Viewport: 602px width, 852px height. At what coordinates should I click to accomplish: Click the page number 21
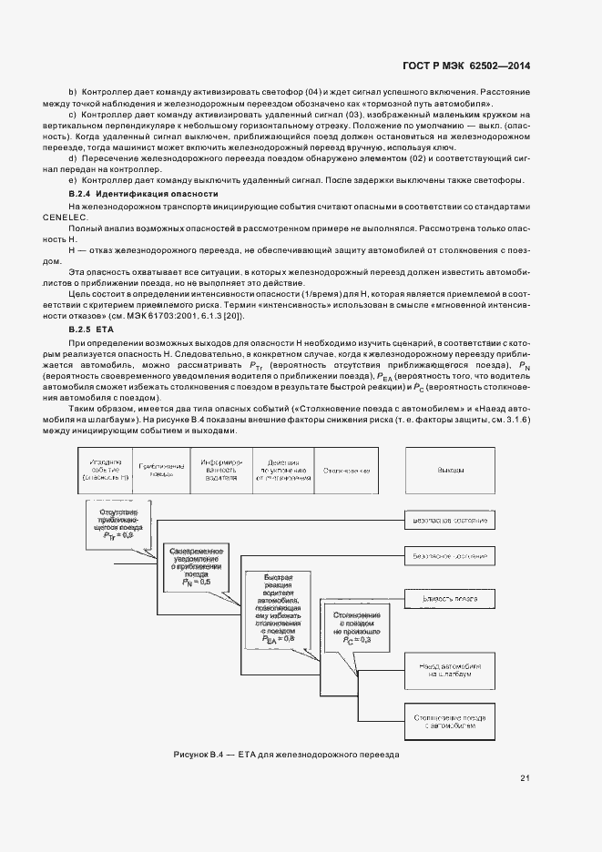point(525,776)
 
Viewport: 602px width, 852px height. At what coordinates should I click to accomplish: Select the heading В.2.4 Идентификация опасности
point(144,195)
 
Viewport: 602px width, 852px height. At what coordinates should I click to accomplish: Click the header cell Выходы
point(450,471)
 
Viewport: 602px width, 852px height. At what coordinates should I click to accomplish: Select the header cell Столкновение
point(346,471)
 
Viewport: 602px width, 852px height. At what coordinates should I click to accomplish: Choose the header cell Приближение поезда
point(161,471)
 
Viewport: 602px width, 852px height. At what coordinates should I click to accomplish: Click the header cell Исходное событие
point(106,471)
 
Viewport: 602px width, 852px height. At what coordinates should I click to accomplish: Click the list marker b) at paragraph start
point(73,94)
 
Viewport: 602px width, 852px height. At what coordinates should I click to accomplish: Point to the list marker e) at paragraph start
point(73,179)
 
